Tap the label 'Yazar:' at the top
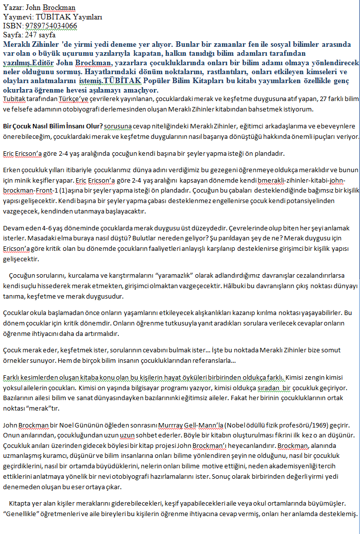pyautogui.click(x=12, y=8)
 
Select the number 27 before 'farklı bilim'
pyautogui.click(x=308, y=100)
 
